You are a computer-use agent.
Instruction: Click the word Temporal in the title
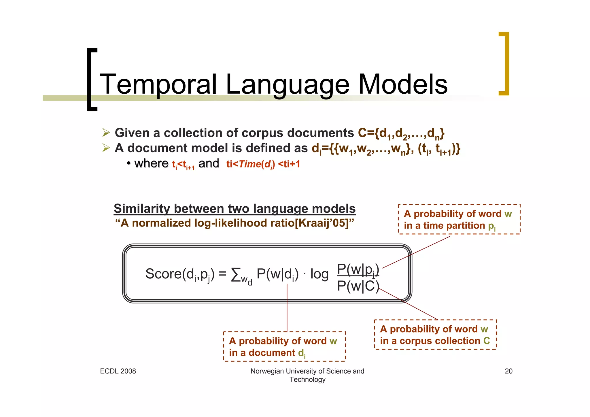click(158, 84)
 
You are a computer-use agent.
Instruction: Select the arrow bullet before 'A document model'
click(106, 148)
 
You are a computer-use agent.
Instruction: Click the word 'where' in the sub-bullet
click(151, 163)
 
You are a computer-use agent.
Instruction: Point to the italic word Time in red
click(249, 164)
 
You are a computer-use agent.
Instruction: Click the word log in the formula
click(319, 274)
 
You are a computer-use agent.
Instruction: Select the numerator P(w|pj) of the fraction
click(358, 270)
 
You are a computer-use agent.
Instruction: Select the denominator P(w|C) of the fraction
click(358, 286)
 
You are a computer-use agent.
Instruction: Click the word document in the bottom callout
click(272, 353)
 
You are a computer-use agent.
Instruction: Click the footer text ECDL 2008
click(118, 371)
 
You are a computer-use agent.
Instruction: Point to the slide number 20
click(508, 371)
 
